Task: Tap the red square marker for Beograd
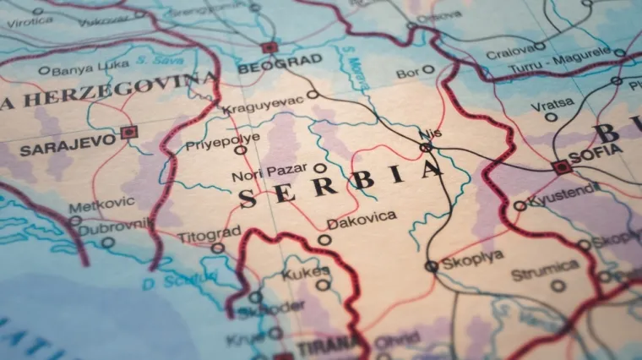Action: tap(269, 47)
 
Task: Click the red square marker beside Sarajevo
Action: tap(128, 132)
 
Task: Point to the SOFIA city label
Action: tap(596, 156)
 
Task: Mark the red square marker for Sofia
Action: tap(563, 167)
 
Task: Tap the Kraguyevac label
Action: tap(264, 108)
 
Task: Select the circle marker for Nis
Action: tap(427, 147)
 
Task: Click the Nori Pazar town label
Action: tap(269, 174)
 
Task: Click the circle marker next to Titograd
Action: tap(218, 248)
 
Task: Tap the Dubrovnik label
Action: tap(117, 225)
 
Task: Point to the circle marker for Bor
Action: tap(428, 70)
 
